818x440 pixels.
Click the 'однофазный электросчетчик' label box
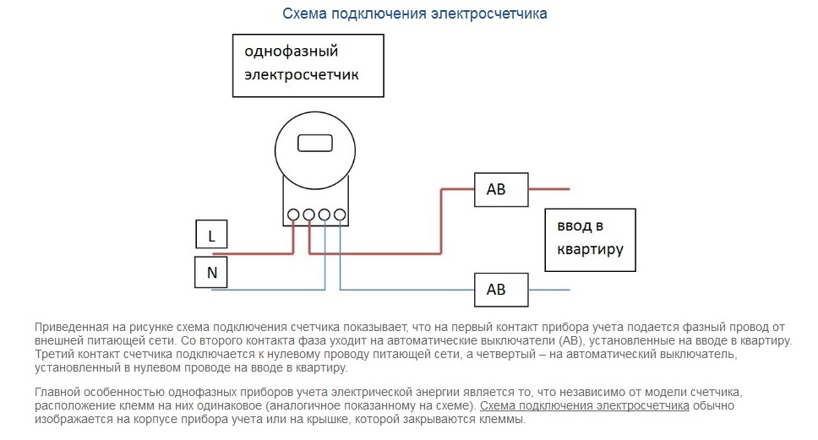308,64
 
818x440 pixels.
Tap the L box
211,236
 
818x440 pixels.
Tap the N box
211,272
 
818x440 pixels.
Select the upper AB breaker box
501,189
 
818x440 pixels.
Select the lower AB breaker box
501,290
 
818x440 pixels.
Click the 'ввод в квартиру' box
590,239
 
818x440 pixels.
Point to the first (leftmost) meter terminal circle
293,215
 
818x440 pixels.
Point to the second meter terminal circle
309,215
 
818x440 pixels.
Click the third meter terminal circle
324,215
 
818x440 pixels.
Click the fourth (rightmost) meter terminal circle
340,215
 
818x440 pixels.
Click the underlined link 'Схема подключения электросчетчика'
584,406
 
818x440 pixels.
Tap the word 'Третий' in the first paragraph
52,355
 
